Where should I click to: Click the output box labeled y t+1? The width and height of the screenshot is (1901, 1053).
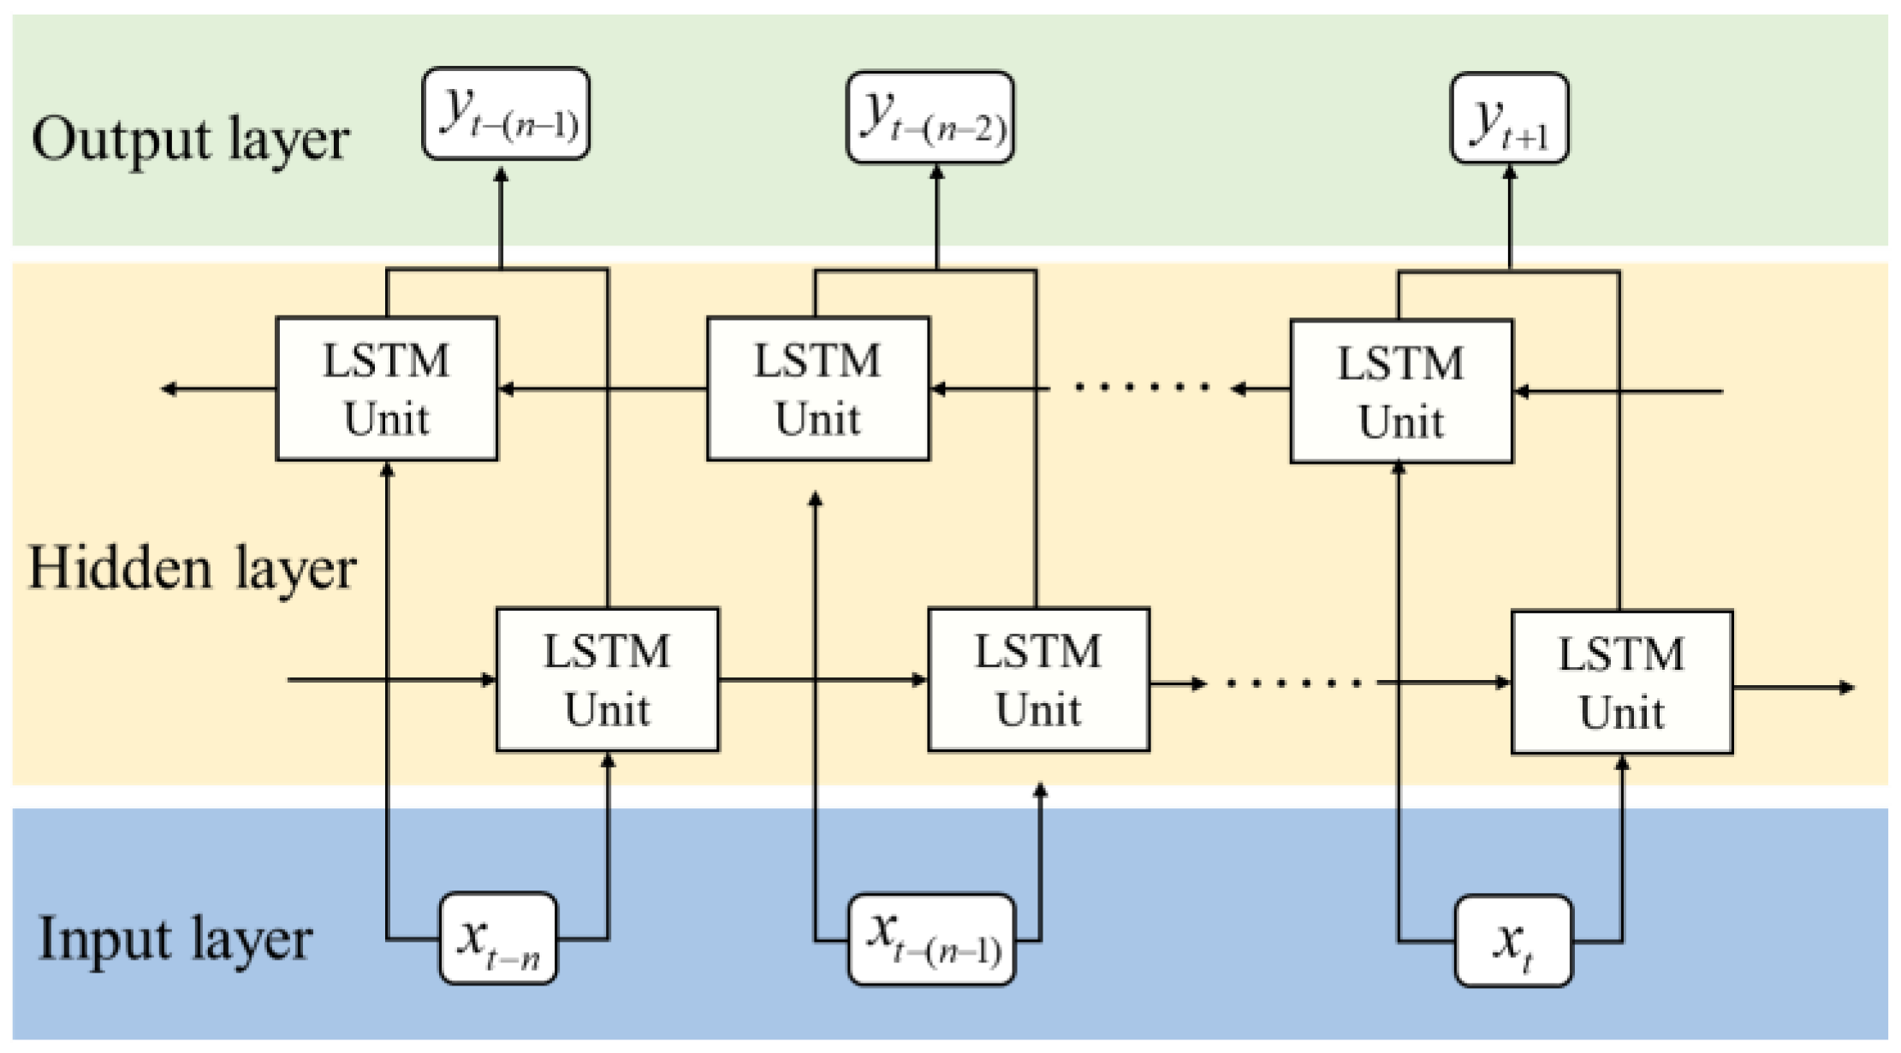tap(1509, 118)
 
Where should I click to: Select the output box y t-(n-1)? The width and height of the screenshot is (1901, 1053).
tap(506, 114)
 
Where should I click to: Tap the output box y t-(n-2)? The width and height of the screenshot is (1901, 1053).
tap(930, 117)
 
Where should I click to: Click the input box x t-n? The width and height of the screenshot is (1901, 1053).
tap(498, 938)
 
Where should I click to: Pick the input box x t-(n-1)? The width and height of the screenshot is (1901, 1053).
tap(931, 939)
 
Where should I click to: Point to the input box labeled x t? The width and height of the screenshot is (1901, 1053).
tap(1513, 941)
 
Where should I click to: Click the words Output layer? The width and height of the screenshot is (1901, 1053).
tap(190, 139)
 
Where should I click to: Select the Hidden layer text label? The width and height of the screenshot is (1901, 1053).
tap(192, 568)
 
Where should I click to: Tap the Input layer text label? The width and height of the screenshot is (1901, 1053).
tap(175, 939)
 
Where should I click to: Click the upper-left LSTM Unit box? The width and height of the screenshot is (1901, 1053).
tap(387, 389)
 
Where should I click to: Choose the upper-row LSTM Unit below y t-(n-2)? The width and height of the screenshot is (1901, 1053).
tap(818, 389)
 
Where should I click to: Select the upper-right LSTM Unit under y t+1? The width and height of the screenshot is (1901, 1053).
tap(1401, 392)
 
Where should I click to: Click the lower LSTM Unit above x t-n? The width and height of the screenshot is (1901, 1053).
tap(608, 680)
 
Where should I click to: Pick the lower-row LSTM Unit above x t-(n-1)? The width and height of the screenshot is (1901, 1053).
tap(1038, 680)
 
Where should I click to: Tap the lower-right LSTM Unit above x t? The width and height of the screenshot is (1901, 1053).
tap(1622, 683)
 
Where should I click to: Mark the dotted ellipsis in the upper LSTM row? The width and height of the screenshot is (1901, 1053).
tap(1143, 387)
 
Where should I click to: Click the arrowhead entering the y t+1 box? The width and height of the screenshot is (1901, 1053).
tap(1510, 174)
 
